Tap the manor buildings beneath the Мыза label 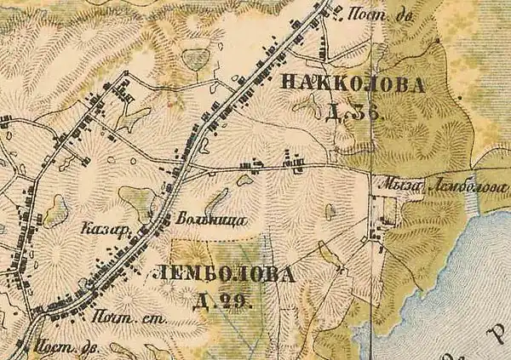tap(388, 209)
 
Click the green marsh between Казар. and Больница tap(136, 201)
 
